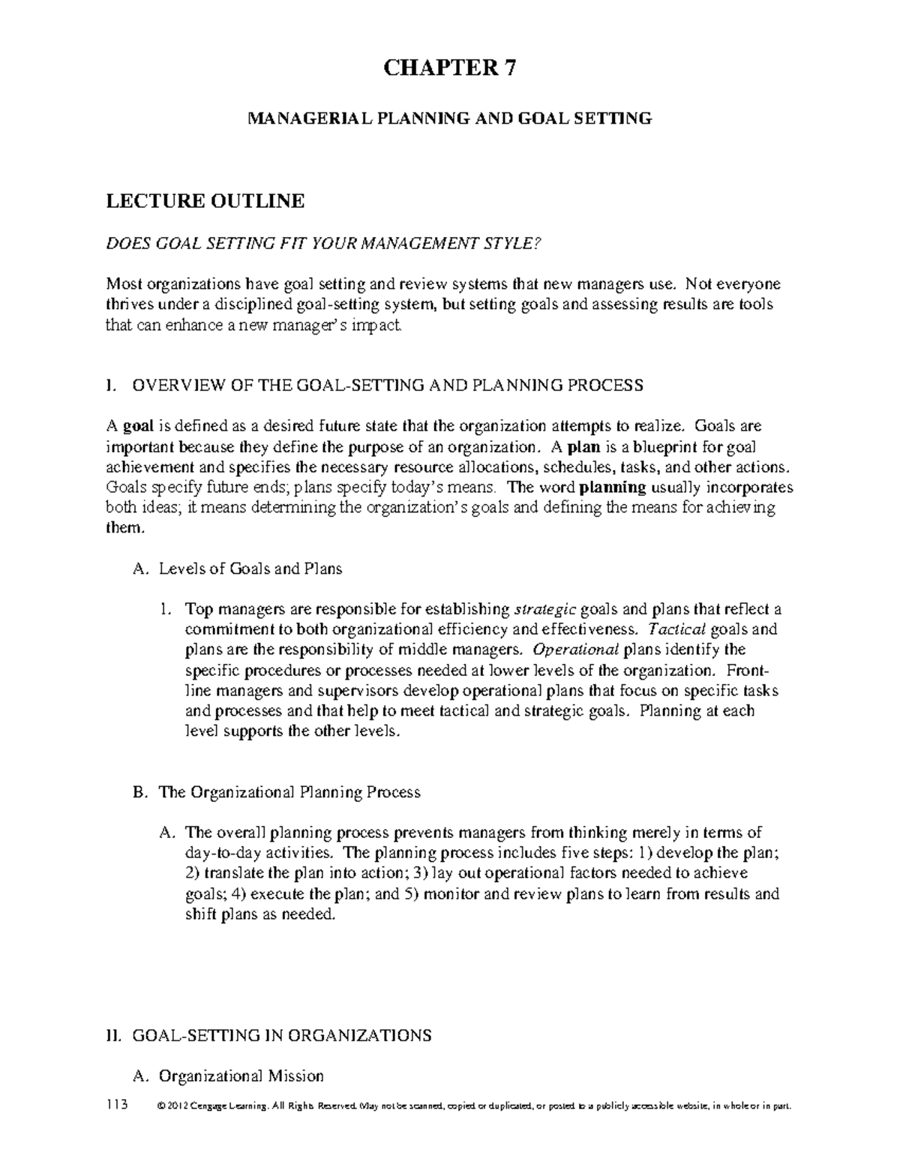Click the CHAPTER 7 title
pos(450,69)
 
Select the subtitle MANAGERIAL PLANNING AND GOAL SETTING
pos(450,119)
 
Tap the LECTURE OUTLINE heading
pos(205,201)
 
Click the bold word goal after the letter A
pos(138,426)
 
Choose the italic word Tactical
pos(676,629)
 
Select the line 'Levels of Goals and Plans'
pos(250,569)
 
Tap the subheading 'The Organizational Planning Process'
pos(289,792)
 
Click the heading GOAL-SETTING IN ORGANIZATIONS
pos(281,1036)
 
